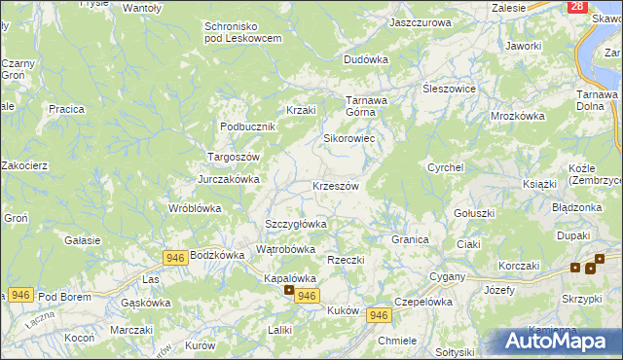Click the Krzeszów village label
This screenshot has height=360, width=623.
tap(335, 186)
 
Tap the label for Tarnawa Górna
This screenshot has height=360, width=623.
tap(367, 105)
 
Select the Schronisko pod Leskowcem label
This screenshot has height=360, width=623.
tap(242, 32)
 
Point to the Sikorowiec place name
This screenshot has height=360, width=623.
tap(348, 138)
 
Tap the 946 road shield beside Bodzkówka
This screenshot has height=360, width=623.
tap(175, 256)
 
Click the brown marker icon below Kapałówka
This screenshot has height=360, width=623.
tap(288, 290)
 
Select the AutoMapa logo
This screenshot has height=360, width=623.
tap(554, 341)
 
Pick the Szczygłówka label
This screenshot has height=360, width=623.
tap(295, 224)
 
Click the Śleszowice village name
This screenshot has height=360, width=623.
tap(448, 88)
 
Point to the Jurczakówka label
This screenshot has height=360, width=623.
tap(229, 179)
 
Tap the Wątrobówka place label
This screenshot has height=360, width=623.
tap(285, 249)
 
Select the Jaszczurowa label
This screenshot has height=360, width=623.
tap(420, 21)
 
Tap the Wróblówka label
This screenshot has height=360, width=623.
tap(195, 208)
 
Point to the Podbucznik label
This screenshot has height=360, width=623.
tap(249, 126)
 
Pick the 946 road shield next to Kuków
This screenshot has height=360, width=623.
tap(380, 315)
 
